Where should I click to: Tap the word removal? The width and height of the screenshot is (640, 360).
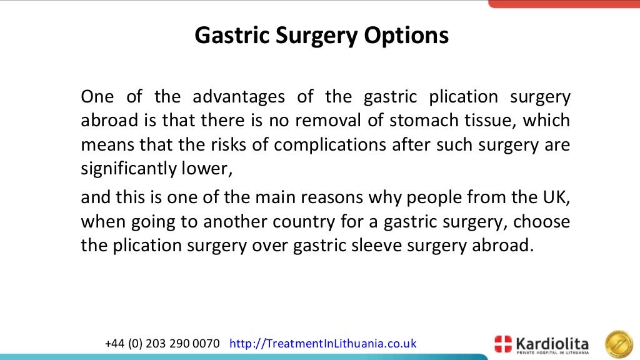321,120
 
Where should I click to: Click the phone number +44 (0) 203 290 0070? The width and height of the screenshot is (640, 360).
162,344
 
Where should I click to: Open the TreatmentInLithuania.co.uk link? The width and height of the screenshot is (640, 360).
323,344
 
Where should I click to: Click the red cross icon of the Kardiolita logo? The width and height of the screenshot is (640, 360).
503,344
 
